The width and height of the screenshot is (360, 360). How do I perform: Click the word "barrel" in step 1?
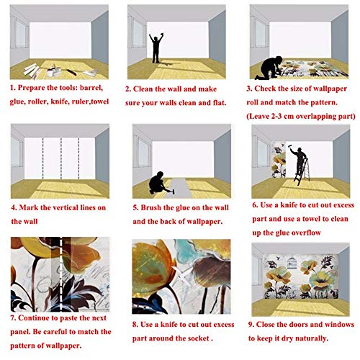tap(91, 88)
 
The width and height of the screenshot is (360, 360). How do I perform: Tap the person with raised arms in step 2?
tap(156, 48)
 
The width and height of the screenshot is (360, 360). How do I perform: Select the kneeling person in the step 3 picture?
tap(269, 68)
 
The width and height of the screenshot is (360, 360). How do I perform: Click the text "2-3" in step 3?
tap(276, 117)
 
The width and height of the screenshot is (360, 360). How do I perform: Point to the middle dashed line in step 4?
tap(61, 158)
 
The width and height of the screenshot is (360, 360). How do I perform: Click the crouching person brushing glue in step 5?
tap(158, 183)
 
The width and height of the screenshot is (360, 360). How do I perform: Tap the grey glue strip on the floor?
tap(181, 188)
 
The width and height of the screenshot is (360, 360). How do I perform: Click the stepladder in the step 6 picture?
tap(302, 171)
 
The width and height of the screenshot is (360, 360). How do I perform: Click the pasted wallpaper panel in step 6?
tap(279, 160)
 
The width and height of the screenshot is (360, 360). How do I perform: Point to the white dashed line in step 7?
tap(60, 274)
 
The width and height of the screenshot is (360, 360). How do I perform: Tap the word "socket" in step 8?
tap(198, 338)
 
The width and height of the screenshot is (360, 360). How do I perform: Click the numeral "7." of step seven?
tap(14, 318)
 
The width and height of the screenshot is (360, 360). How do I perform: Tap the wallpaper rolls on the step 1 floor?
tap(32, 71)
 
